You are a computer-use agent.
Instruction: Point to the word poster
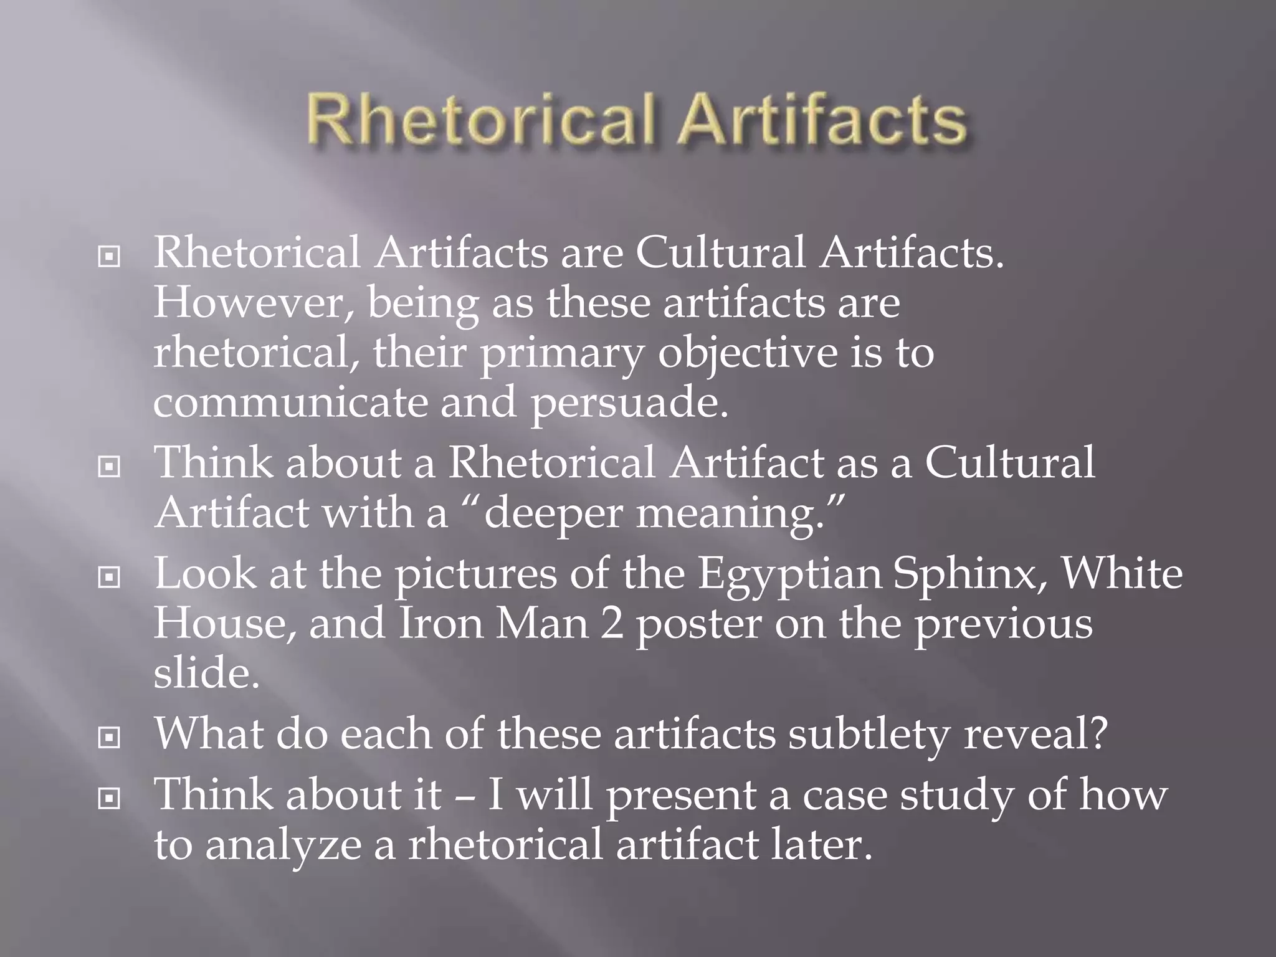[698, 625]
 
